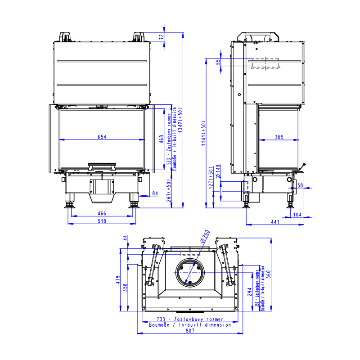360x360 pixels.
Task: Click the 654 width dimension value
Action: (102, 137)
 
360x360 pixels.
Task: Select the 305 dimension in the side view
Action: (279, 137)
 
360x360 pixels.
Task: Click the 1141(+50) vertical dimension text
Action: (203, 134)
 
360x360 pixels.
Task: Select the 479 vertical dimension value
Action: (118, 280)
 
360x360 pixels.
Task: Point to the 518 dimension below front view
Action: (101, 221)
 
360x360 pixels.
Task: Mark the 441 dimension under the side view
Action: (275, 222)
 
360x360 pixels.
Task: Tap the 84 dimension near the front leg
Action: (155, 194)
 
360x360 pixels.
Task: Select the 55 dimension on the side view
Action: (218, 63)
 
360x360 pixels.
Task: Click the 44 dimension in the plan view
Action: (125, 238)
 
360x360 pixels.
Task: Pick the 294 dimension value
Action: (250, 293)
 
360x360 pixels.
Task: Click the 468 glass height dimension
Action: (162, 138)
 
